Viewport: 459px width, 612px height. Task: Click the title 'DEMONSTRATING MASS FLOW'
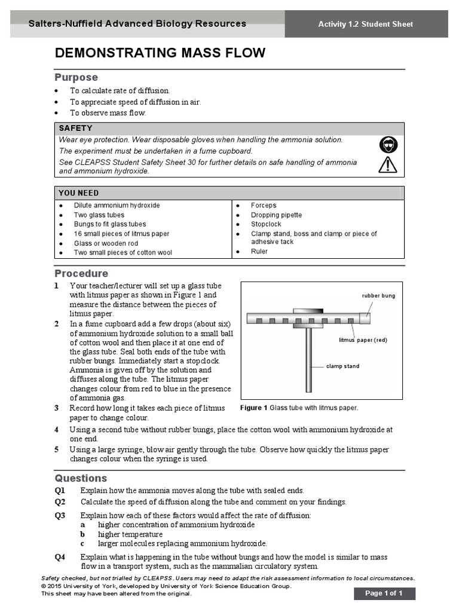pyautogui.click(x=160, y=53)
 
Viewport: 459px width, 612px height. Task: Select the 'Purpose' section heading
pyautogui.click(x=76, y=78)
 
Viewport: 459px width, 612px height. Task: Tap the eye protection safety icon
pyautogui.click(x=387, y=145)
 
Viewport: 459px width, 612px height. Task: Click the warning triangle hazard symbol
pyautogui.click(x=387, y=164)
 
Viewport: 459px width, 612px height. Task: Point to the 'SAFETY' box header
pyautogui.click(x=75, y=128)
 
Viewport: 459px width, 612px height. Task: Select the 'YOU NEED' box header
pyautogui.click(x=78, y=193)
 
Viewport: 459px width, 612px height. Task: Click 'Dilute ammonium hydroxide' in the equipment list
pyautogui.click(x=117, y=206)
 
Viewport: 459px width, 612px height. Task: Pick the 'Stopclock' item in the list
pyautogui.click(x=266, y=225)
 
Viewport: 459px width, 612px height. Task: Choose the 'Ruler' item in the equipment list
pyautogui.click(x=259, y=252)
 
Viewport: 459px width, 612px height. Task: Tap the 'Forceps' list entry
pyautogui.click(x=264, y=206)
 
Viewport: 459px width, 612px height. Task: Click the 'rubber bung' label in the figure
pyautogui.click(x=378, y=296)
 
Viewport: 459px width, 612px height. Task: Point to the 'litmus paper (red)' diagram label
pyautogui.click(x=363, y=340)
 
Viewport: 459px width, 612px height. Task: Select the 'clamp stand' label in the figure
pyautogui.click(x=342, y=366)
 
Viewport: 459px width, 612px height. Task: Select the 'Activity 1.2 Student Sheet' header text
pyautogui.click(x=365, y=25)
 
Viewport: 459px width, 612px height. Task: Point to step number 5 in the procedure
pyautogui.click(x=57, y=449)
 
